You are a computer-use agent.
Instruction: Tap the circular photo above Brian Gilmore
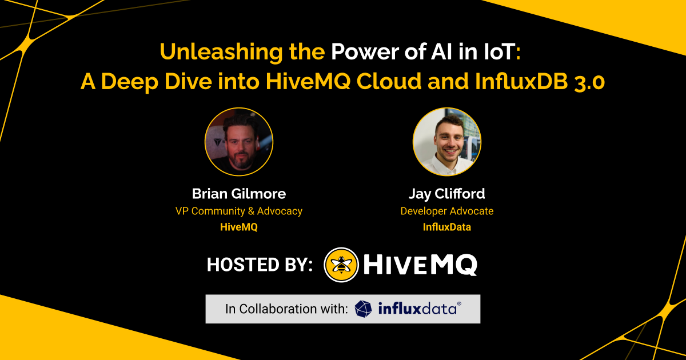pos(239,142)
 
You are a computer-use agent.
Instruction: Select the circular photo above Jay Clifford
pos(447,142)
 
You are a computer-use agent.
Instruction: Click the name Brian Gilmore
pos(239,194)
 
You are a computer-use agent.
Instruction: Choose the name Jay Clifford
pos(447,194)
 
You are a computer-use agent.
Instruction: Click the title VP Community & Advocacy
pos(239,211)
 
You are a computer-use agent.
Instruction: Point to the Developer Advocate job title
pos(447,211)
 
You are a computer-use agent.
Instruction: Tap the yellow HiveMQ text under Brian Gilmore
pos(239,227)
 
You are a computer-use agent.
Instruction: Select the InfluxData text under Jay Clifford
pos(447,227)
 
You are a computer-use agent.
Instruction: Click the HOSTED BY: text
pos(260,265)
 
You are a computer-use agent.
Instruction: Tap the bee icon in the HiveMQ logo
pos(341,265)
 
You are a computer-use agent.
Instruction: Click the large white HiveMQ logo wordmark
pos(420,265)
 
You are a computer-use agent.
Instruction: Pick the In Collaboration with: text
pos(286,309)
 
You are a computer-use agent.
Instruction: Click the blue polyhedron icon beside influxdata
pos(363,309)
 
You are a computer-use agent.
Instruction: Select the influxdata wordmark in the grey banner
pos(420,309)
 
